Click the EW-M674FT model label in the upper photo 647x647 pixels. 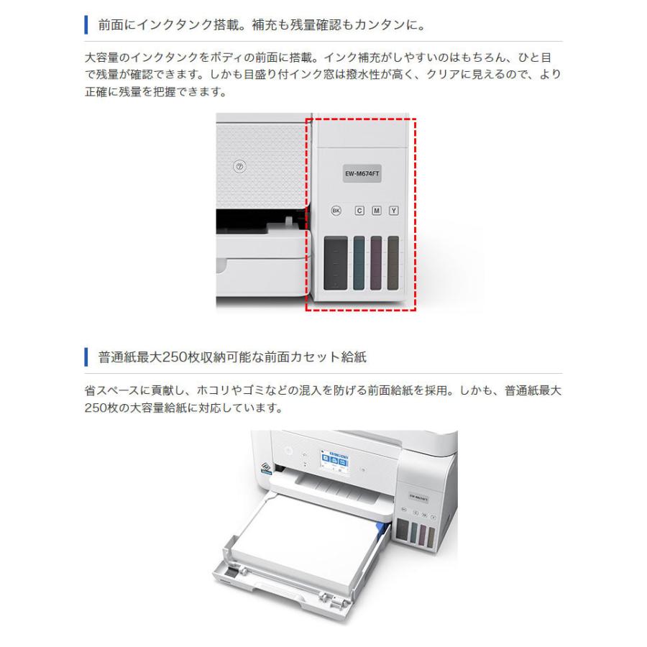pos(362,173)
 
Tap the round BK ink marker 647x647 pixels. pos(336,211)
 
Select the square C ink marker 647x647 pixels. pos(359,211)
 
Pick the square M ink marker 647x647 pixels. pos(376,211)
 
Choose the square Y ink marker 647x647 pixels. pos(393,211)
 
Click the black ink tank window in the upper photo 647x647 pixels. pos(336,263)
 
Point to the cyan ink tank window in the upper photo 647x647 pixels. pos(359,263)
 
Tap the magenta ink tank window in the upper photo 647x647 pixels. pos(376,263)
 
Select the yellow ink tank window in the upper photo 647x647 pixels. pos(393,263)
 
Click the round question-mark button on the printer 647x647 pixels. pos(241,166)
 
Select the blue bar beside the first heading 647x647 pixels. pos(86,27)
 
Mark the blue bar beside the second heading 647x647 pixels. pos(86,357)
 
